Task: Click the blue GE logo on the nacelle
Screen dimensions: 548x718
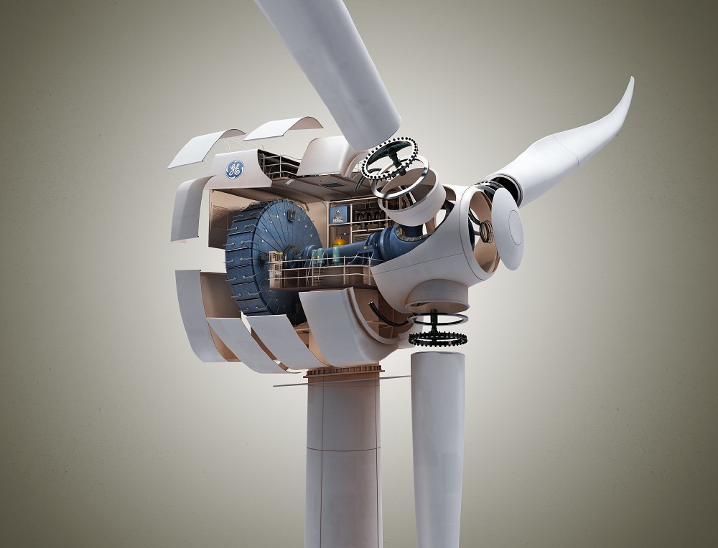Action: [234, 169]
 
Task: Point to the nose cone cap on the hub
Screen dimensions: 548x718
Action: [508, 229]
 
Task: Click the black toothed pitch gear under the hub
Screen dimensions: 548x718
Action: [437, 337]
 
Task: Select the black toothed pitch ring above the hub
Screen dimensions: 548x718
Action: [388, 158]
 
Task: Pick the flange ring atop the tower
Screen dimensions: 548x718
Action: [343, 371]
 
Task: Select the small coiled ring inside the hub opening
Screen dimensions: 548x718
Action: [486, 231]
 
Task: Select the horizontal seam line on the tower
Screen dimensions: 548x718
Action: [342, 449]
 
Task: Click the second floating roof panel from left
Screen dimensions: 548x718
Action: [283, 128]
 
